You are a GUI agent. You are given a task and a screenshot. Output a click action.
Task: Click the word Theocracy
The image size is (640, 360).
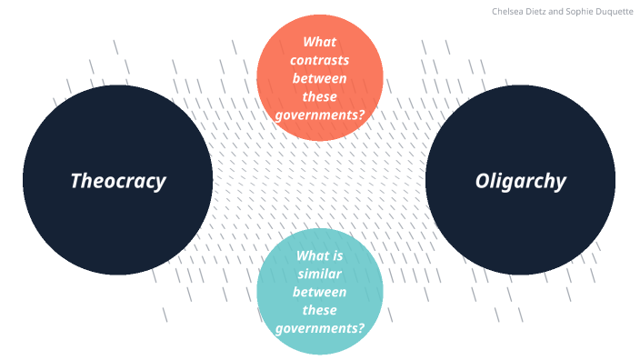pos(118,180)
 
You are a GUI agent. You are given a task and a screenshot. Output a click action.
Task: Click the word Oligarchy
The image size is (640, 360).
pos(520,180)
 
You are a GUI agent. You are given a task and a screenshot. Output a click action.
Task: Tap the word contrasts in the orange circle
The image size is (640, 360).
pos(320,60)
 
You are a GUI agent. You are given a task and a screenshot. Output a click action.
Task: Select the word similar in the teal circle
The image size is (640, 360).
pos(320,274)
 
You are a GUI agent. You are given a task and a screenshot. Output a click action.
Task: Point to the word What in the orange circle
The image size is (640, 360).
pos(320,42)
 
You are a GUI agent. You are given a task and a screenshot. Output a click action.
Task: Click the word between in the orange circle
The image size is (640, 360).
pos(320,78)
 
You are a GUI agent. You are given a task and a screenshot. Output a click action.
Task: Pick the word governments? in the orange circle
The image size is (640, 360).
pos(320,115)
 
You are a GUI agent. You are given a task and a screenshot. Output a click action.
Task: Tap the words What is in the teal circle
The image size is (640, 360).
pos(320,255)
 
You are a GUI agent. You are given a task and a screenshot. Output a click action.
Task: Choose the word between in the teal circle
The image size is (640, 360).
pos(320,292)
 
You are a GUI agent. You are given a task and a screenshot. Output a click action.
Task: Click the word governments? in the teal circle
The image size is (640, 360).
pos(320,328)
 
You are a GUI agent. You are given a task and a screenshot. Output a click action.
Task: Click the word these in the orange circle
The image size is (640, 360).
pos(320,96)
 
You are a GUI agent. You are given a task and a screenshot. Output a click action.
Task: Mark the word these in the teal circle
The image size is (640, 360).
pos(320,310)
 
